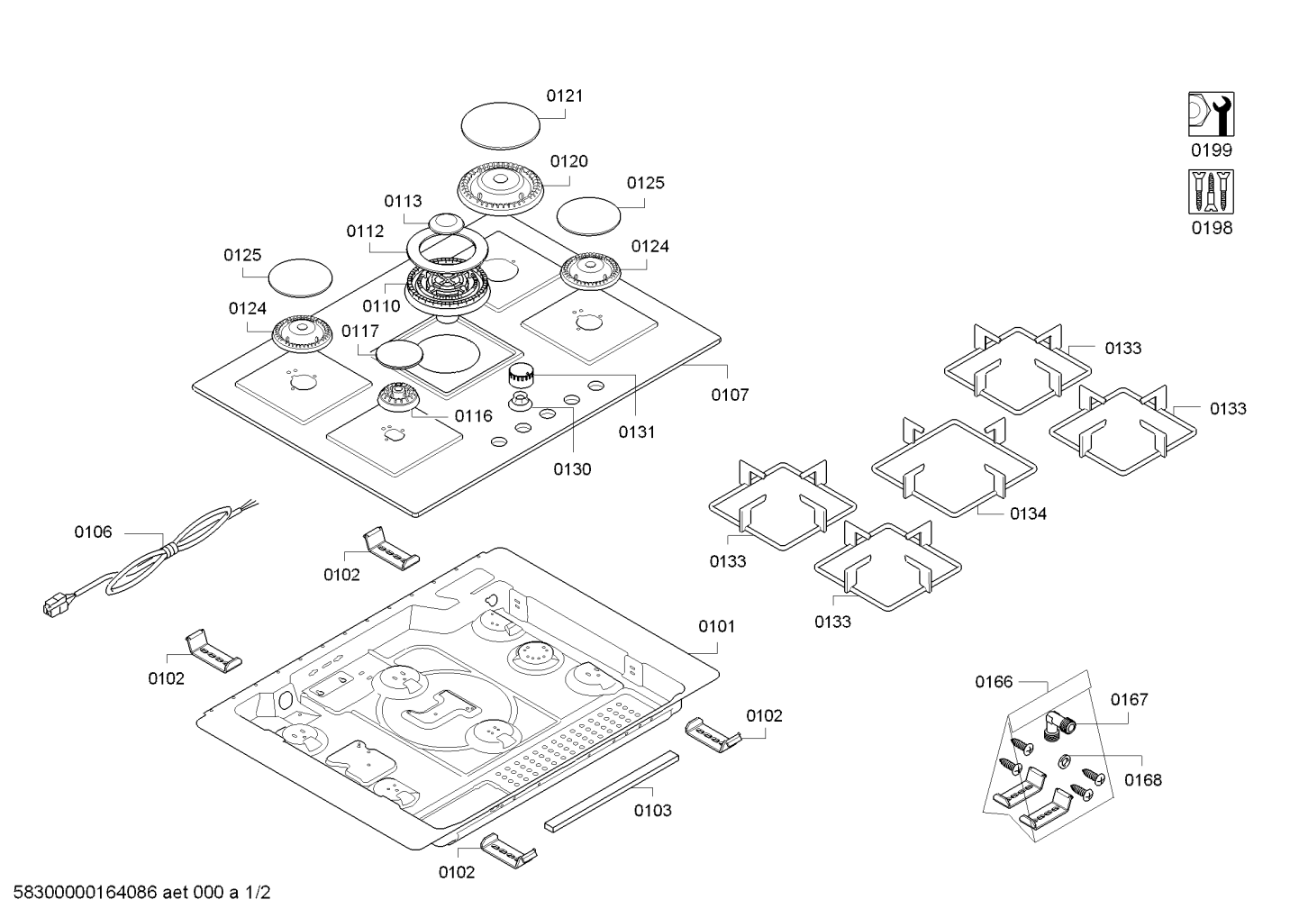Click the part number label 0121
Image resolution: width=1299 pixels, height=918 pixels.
coord(565,95)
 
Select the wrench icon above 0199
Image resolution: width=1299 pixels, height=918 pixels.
coord(1211,114)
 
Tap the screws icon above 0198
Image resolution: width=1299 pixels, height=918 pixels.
coord(1211,192)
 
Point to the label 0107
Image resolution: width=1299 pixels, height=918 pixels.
coord(729,395)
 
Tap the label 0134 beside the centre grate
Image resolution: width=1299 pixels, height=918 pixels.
coord(1028,514)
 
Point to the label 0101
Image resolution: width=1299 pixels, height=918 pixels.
coord(716,626)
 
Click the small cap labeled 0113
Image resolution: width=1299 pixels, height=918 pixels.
coord(444,223)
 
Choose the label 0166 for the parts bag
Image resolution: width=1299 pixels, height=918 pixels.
coord(994,682)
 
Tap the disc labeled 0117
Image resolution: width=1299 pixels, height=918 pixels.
coord(398,353)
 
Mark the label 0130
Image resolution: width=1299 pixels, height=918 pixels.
coord(573,468)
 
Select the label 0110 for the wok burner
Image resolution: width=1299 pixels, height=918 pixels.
coord(381,306)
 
